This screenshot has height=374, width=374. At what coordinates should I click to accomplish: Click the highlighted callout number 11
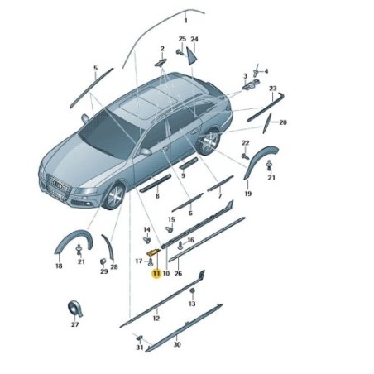pos(156,274)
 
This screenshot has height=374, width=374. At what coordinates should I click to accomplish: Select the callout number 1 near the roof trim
pos(186,21)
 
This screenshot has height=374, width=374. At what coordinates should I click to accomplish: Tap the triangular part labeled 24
pos(191,56)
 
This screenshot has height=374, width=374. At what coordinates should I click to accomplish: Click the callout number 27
pos(75,324)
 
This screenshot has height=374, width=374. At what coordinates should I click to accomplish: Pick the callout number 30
pos(177,344)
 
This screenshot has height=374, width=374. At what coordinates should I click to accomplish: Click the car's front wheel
pos(114,196)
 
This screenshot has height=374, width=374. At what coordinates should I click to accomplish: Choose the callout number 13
pos(192,304)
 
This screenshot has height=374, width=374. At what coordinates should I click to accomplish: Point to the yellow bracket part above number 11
pos(153,252)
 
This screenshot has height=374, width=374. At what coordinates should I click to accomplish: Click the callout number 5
pos(96,68)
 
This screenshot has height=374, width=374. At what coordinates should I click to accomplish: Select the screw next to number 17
pos(151,262)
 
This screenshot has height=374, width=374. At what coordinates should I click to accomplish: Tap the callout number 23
pos(273,89)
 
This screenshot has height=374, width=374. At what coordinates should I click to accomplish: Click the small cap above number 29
pos(103,261)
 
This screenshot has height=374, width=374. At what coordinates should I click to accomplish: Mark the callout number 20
pos(283,122)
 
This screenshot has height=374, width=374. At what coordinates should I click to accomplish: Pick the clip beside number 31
pos(139,338)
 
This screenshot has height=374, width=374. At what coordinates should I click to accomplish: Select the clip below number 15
pos(169,229)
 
